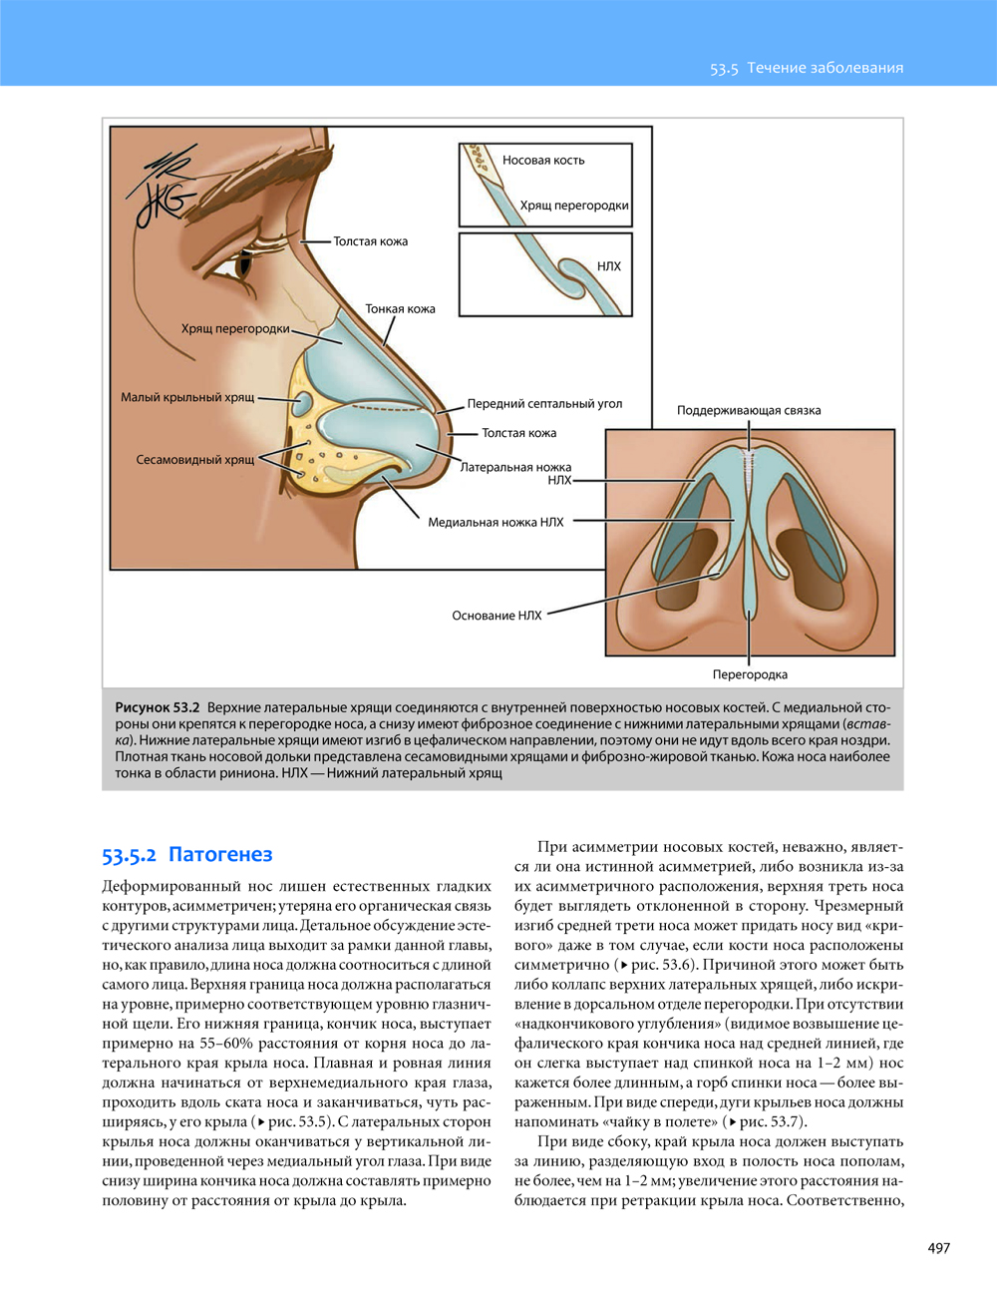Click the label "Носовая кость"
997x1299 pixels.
pyautogui.click(x=543, y=160)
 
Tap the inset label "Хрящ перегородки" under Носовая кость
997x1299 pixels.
pyautogui.click(x=573, y=206)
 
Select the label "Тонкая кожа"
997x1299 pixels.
pyautogui.click(x=400, y=309)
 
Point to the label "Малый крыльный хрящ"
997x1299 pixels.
pyautogui.click(x=187, y=397)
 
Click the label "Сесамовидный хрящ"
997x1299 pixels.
pyautogui.click(x=195, y=460)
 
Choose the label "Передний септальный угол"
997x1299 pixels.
pyautogui.click(x=544, y=404)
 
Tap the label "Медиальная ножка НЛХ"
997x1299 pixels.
pyautogui.click(x=496, y=522)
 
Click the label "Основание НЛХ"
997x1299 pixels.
pyautogui.click(x=497, y=616)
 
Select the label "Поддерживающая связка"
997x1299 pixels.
pyautogui.click(x=749, y=410)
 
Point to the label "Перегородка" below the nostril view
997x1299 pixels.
pyautogui.click(x=750, y=674)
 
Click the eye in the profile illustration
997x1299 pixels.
pyautogui.click(x=243, y=267)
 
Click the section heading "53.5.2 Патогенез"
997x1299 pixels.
pyautogui.click(x=186, y=855)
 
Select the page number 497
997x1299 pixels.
pyautogui.click(x=938, y=1247)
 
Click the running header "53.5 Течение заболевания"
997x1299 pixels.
pyautogui.click(x=806, y=68)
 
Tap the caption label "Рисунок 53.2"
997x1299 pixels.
pyautogui.click(x=158, y=707)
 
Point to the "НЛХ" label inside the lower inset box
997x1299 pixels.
pyautogui.click(x=608, y=266)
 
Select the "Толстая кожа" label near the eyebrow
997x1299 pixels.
pyautogui.click(x=370, y=241)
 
